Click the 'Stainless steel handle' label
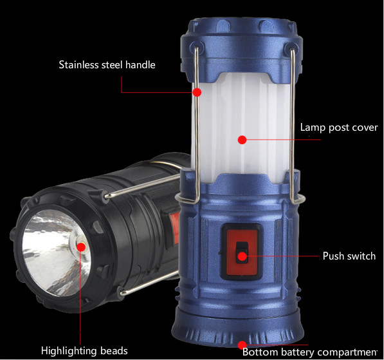[x=107, y=65]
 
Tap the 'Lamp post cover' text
[x=339, y=128]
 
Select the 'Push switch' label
[x=349, y=256]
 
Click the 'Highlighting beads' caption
[x=84, y=351]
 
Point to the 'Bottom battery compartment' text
[x=310, y=352]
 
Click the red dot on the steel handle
[x=197, y=92]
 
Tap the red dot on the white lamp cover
[x=242, y=140]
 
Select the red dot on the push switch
[x=242, y=256]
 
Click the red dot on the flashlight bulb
[x=81, y=247]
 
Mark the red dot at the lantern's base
[x=242, y=345]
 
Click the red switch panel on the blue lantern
[x=242, y=252]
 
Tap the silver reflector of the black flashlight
[x=57, y=252]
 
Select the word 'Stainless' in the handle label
[x=78, y=65]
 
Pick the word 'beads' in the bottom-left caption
[x=114, y=351]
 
